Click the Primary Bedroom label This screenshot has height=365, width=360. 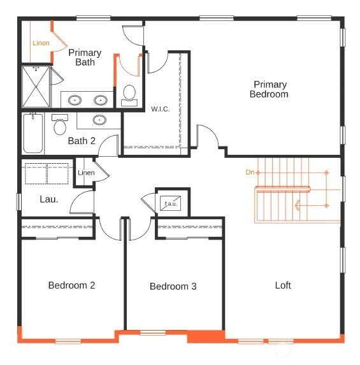click(x=269, y=89)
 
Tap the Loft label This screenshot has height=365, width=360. click(x=283, y=285)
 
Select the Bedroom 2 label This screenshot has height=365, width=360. click(x=71, y=285)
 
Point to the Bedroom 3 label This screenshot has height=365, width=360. click(x=173, y=286)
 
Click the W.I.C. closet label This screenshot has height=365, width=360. click(x=160, y=109)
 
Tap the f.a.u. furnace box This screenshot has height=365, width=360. click(x=171, y=203)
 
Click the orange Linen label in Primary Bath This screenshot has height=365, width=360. click(x=41, y=43)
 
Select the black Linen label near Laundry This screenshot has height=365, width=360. click(x=86, y=173)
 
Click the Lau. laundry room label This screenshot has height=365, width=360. click(x=49, y=199)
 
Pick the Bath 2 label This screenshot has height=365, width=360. click(x=82, y=141)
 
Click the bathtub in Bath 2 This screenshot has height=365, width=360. click(x=33, y=133)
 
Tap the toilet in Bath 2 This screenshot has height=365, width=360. click(x=60, y=125)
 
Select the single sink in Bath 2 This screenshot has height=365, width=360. click(x=99, y=120)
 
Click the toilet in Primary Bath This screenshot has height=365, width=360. click(x=129, y=96)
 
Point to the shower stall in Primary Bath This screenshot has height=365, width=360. click(x=36, y=87)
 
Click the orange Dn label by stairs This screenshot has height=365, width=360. click(x=250, y=172)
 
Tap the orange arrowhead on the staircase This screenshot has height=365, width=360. click(x=297, y=206)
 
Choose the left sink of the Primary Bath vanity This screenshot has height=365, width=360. click(x=75, y=101)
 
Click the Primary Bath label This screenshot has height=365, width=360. click(x=85, y=57)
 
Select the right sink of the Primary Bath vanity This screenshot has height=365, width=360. click(x=101, y=101)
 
